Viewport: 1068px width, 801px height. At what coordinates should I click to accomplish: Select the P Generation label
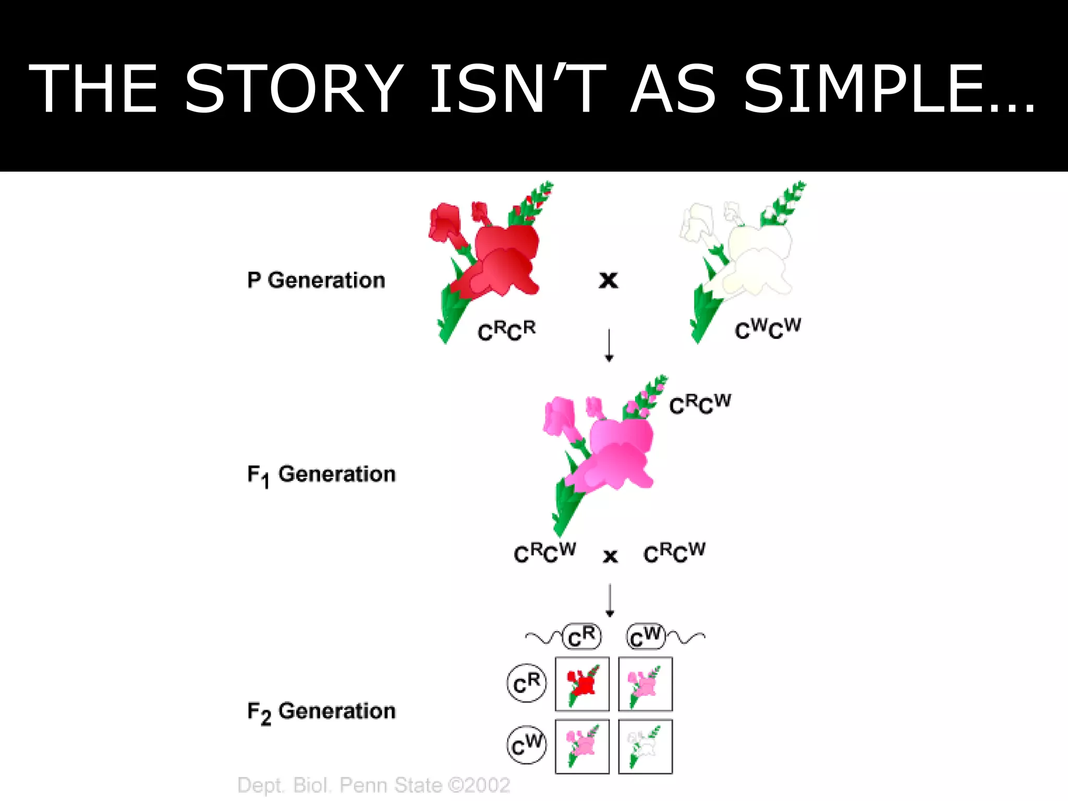pyautogui.click(x=316, y=281)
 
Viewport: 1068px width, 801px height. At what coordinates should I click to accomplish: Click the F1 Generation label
pyautogui.click(x=321, y=475)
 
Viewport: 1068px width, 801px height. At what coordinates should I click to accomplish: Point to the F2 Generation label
pyautogui.click(x=321, y=712)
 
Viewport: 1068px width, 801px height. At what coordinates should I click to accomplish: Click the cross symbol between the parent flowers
pyautogui.click(x=608, y=280)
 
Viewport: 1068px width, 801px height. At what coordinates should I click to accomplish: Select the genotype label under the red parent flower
pyautogui.click(x=506, y=331)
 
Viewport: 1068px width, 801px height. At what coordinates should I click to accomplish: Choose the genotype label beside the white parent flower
pyautogui.click(x=768, y=329)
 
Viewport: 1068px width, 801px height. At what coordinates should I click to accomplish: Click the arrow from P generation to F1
pyautogui.click(x=609, y=345)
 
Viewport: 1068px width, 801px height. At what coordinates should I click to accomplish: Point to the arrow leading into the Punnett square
pyautogui.click(x=610, y=601)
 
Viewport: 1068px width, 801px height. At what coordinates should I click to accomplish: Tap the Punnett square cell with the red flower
pyautogui.click(x=582, y=684)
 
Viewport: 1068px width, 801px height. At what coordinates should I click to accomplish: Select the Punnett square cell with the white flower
pyautogui.click(x=645, y=746)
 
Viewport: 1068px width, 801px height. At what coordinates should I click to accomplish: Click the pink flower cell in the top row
pyautogui.click(x=645, y=684)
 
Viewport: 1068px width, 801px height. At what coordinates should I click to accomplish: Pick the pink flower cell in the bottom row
pyautogui.click(x=582, y=746)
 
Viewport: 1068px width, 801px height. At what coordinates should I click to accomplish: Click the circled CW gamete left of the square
pyautogui.click(x=527, y=745)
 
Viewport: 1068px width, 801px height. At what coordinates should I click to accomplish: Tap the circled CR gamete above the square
pyautogui.click(x=582, y=637)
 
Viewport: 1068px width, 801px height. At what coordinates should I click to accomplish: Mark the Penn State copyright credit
pyautogui.click(x=373, y=785)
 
